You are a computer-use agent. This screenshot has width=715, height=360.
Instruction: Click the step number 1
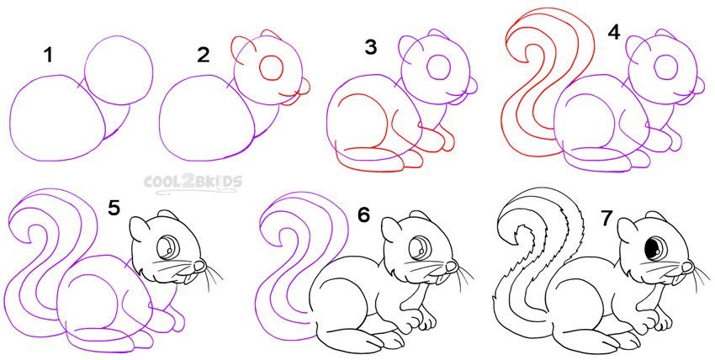(x=48, y=56)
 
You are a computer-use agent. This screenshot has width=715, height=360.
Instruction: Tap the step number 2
(x=203, y=56)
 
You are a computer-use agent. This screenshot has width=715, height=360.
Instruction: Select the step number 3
(x=371, y=47)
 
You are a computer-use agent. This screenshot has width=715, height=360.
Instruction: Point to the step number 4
(x=614, y=32)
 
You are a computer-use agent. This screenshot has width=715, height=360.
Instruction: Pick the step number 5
(x=114, y=208)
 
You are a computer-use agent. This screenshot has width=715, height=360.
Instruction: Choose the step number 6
(x=363, y=215)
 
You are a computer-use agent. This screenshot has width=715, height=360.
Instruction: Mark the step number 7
(x=606, y=219)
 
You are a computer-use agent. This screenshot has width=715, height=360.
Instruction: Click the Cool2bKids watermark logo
(x=193, y=183)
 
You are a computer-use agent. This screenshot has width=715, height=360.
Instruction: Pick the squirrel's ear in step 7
(x=626, y=230)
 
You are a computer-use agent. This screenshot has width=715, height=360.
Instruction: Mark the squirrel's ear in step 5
(x=138, y=230)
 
